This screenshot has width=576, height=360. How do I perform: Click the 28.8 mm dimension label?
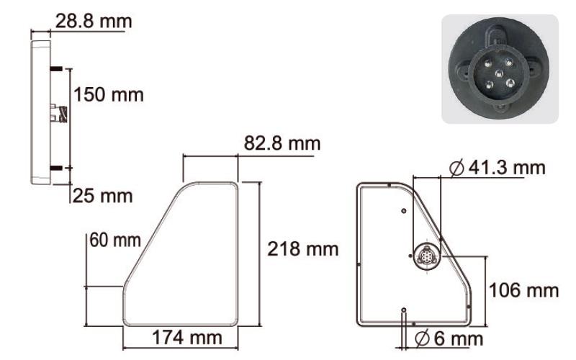pos(94,22)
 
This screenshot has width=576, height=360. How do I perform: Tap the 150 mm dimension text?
pos(109,94)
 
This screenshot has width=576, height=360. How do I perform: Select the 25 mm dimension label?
pos(102,196)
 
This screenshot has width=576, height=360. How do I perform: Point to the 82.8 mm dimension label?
pos(282,143)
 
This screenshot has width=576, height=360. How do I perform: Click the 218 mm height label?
pos(302,249)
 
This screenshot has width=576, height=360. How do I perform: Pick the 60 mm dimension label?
pos(115,240)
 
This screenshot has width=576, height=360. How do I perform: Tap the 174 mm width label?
pos(187,338)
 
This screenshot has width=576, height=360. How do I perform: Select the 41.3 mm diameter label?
pos(498,168)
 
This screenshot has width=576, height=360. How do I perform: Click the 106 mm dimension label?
pos(524,291)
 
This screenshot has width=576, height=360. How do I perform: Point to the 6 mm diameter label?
pos(449,338)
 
